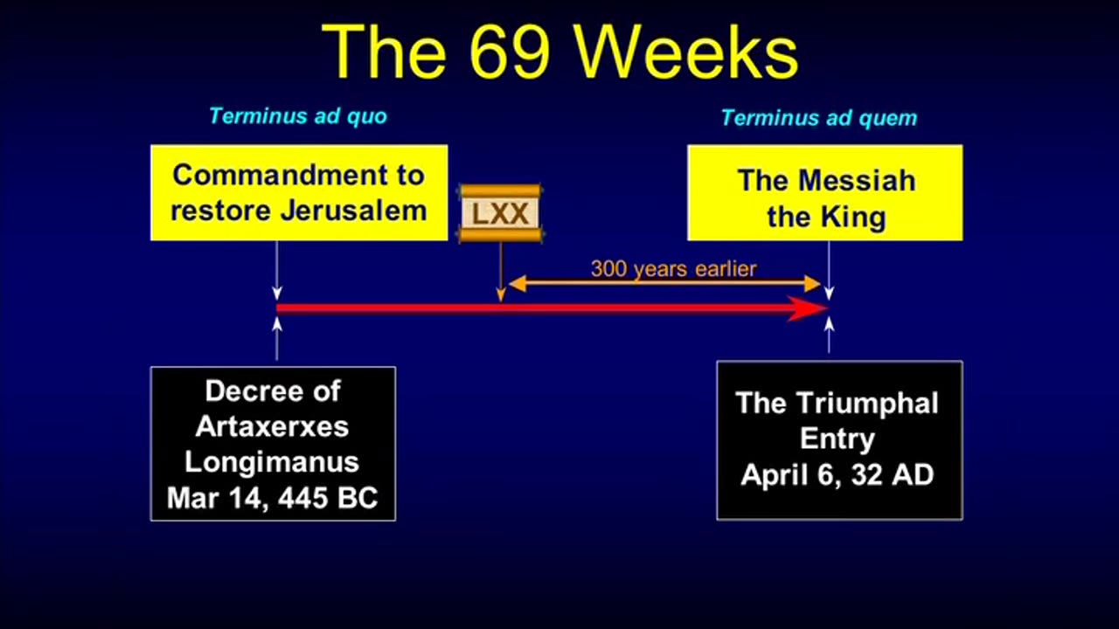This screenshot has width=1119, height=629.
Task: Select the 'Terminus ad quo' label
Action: point(297,116)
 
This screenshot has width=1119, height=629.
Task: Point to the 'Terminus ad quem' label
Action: point(818,118)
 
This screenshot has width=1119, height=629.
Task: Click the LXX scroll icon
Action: point(500,213)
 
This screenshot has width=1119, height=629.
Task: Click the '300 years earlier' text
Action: point(672,268)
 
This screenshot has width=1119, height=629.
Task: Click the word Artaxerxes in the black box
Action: point(272,426)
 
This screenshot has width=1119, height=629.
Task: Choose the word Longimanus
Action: point(272,462)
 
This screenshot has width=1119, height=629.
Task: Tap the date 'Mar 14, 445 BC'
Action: point(272,498)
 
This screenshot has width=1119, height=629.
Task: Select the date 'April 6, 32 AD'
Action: point(837,475)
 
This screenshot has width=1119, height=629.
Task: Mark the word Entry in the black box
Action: point(838,439)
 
